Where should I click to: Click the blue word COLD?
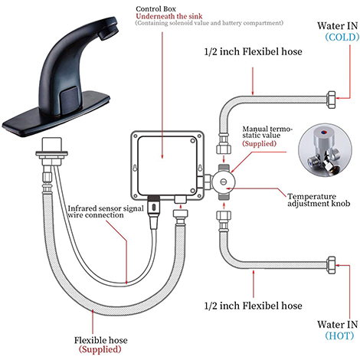[x=342, y=38]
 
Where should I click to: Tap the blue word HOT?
[x=339, y=335]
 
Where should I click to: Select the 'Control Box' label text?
[x=155, y=9]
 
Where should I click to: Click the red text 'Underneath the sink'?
[x=169, y=16]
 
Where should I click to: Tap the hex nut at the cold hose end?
[x=331, y=100]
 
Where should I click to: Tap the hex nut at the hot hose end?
[x=331, y=265]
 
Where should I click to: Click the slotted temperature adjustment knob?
[x=224, y=182]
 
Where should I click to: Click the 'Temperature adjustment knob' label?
[x=319, y=200]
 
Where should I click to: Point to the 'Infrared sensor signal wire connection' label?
[x=106, y=211]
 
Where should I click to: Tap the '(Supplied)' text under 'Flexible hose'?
[x=100, y=349]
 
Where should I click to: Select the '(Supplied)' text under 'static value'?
[x=259, y=143]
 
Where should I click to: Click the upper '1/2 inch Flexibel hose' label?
[x=253, y=51]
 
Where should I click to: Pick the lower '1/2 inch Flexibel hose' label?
[x=253, y=306]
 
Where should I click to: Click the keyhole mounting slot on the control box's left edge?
[x=135, y=169]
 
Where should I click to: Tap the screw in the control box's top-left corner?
[x=136, y=136]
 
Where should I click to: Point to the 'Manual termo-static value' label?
[x=267, y=132]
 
